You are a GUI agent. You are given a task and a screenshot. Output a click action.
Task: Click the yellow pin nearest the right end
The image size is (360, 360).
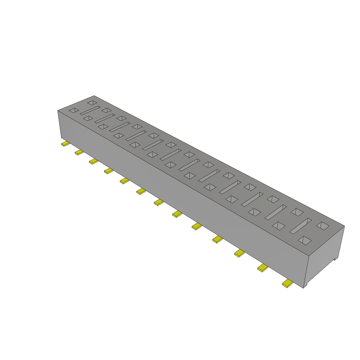(x=287, y=284)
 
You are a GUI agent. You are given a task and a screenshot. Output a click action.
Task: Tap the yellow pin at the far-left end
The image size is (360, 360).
(x=65, y=144)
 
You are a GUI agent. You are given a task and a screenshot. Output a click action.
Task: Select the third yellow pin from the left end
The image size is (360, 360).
(x=94, y=161)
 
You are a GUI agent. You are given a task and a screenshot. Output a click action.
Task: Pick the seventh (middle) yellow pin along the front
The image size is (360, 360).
(x=159, y=202)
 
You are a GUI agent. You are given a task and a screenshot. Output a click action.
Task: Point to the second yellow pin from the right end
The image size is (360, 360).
(x=263, y=268)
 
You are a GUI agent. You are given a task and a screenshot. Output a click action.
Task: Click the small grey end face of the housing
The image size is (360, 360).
(x=325, y=253)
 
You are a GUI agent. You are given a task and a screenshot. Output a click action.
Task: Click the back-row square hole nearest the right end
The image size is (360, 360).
(x=323, y=226)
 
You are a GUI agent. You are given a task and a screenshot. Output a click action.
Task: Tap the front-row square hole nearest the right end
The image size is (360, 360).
(x=305, y=240)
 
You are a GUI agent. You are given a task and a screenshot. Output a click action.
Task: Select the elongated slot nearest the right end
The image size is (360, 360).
(x=301, y=226)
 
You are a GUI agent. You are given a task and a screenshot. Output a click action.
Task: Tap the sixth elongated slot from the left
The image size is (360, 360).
(x=171, y=155)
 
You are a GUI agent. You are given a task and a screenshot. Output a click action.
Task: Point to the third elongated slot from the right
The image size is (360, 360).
(x=252, y=199)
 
